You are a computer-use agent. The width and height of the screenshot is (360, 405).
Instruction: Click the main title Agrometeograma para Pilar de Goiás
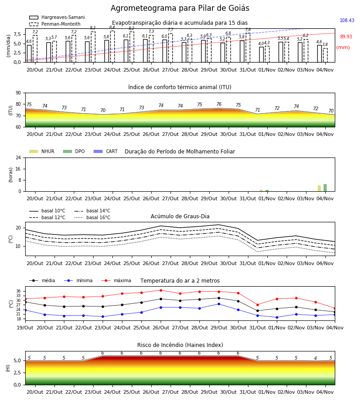(180, 8)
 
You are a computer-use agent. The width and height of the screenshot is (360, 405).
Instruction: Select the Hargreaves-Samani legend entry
(57, 17)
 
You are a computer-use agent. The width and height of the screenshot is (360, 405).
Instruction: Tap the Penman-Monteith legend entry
(55, 24)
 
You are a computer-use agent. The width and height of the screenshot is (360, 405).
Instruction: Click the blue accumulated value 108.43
(347, 20)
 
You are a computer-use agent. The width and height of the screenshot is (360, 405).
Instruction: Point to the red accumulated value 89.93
(346, 37)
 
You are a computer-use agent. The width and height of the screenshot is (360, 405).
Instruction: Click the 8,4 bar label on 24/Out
(112, 27)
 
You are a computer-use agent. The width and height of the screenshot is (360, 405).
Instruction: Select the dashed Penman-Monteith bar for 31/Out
(248, 48)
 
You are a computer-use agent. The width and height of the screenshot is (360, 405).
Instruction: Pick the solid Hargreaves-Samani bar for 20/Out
(29, 54)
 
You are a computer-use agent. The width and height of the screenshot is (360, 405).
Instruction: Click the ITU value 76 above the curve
(219, 104)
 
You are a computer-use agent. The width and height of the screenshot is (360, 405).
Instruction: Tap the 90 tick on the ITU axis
(18, 93)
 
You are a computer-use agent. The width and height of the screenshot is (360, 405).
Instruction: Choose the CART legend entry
(105, 151)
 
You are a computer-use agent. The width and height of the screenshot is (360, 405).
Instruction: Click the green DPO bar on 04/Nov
(325, 188)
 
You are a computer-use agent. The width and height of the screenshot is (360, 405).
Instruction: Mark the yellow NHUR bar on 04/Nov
(319, 188)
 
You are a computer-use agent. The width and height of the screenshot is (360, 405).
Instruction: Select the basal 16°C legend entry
(92, 217)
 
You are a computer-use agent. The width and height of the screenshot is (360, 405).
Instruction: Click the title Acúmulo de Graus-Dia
(180, 216)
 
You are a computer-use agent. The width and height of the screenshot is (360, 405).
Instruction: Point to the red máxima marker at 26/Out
(161, 290)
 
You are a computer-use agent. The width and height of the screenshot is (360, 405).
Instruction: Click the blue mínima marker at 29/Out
(219, 304)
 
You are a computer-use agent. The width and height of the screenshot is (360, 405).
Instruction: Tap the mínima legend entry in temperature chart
(78, 280)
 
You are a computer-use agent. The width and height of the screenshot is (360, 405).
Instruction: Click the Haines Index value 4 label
(315, 358)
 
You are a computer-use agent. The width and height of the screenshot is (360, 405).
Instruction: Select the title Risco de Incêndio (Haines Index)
(180, 345)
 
